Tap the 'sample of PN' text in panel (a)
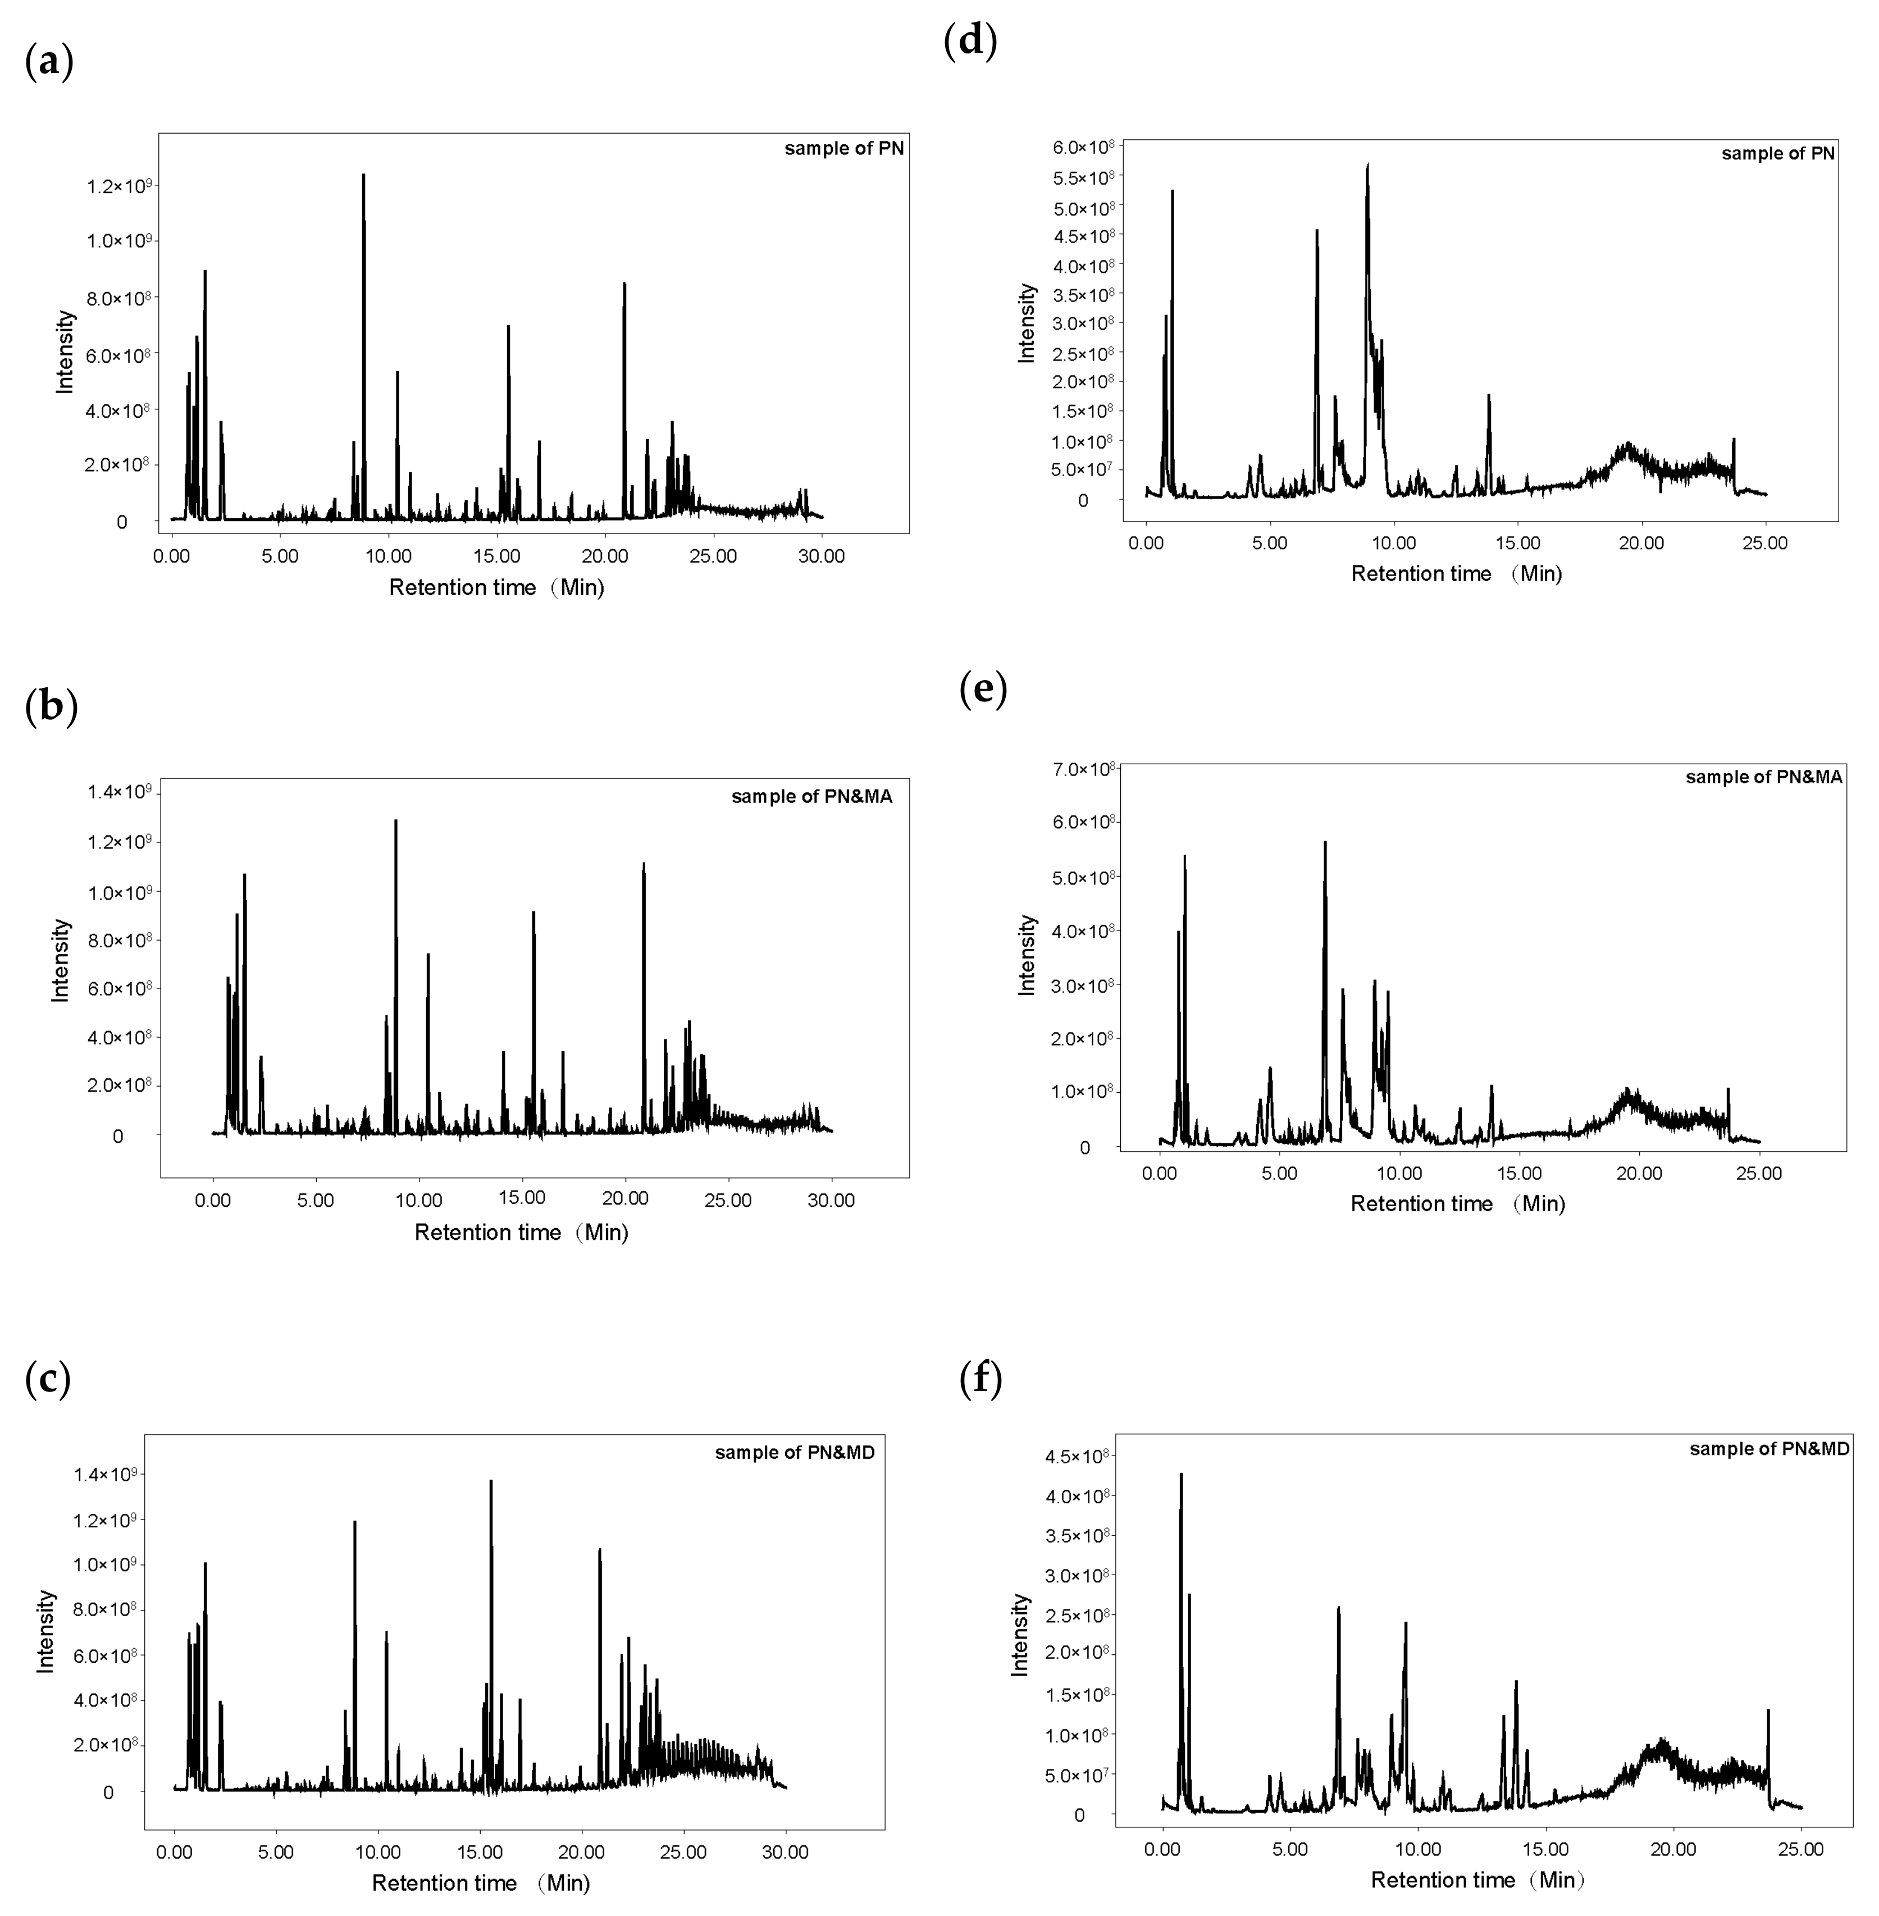[x=844, y=149]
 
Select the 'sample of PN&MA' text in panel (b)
[x=811, y=797]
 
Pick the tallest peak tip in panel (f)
[x=1180, y=1474]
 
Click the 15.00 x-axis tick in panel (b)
[x=522, y=1199]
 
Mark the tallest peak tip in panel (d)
[x=1368, y=165]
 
